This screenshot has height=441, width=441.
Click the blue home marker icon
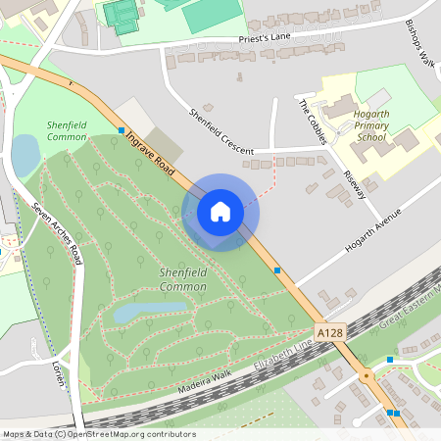coord(220,212)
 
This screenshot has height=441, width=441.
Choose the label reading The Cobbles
coord(313,122)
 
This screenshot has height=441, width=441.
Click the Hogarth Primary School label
coord(371,126)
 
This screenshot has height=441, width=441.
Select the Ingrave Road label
coord(150,155)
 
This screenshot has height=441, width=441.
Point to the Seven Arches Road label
coord(56,234)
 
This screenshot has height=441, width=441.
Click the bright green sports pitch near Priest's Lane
coord(210,12)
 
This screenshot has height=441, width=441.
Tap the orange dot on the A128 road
coord(366,375)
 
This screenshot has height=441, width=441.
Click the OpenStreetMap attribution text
coord(98,434)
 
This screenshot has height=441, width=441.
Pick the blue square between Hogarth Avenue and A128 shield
coord(277,269)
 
